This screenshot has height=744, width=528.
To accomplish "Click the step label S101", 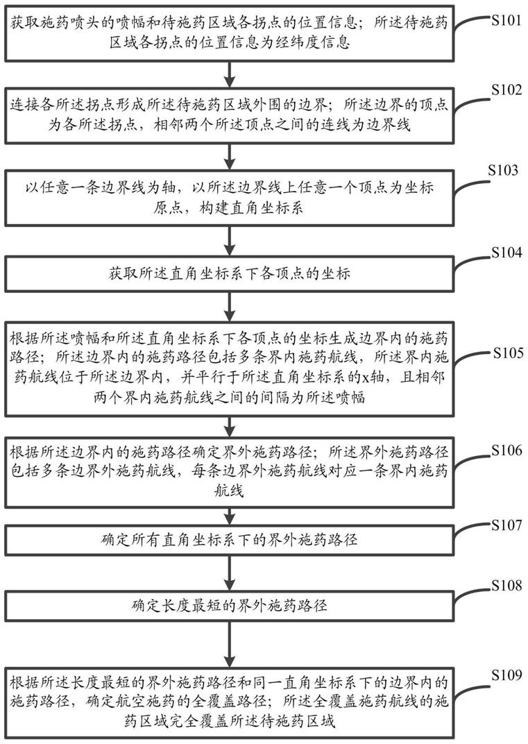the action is click(506, 22).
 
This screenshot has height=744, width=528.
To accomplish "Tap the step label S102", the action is click(506, 90).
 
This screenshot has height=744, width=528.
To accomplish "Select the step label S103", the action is click(503, 170).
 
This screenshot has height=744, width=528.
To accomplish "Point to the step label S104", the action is click(506, 253).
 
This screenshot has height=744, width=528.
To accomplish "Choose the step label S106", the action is click(506, 450).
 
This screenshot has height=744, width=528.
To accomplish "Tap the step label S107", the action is click(506, 525).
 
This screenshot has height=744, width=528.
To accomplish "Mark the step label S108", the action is click(506, 586).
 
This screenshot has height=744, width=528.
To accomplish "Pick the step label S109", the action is click(506, 675).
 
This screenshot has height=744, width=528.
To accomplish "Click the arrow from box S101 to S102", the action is click(230, 74).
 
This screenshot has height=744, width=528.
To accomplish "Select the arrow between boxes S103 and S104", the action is click(230, 241).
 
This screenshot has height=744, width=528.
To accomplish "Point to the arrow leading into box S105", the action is click(230, 307).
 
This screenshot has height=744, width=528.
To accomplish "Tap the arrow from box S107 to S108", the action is click(230, 573).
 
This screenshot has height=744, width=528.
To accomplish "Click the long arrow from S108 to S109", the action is click(230, 644).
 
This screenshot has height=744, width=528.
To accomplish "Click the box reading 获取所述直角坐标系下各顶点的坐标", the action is click(230, 273).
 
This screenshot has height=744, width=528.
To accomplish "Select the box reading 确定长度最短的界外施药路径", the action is click(230, 606).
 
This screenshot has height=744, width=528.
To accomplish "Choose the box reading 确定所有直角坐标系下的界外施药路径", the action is click(230, 541).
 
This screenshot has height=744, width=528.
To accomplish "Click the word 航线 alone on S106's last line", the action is click(230, 490).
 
